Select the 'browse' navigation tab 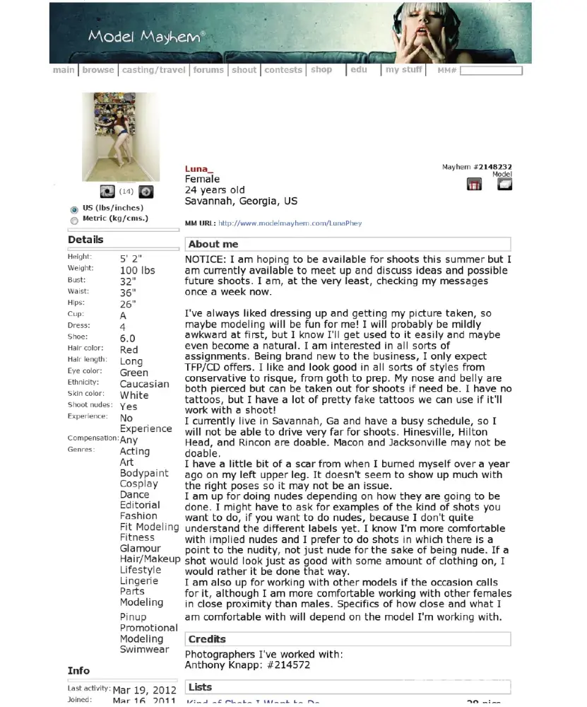click(x=98, y=70)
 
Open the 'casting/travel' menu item click(x=153, y=70)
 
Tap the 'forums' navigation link click(x=208, y=70)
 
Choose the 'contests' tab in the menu click(x=283, y=70)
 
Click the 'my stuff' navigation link click(x=404, y=70)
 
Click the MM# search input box click(x=491, y=71)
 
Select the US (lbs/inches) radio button click(x=74, y=209)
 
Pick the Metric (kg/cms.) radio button click(x=74, y=220)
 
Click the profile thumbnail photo click(x=121, y=136)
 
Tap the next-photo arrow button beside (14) click(x=146, y=192)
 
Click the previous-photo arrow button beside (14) click(x=107, y=192)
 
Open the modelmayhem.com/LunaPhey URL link click(x=290, y=223)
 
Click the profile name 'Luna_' click(x=198, y=169)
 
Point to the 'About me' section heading click(x=213, y=245)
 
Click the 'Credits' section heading click(x=207, y=639)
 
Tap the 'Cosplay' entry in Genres click(x=139, y=484)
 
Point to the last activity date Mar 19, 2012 click(x=144, y=690)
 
